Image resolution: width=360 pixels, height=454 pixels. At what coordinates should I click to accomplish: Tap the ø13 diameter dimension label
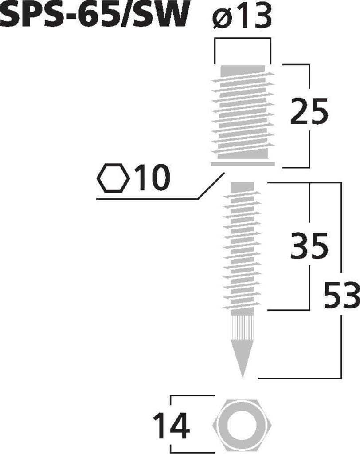pos(242,16)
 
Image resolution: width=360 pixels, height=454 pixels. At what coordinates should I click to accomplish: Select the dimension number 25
pos(309,111)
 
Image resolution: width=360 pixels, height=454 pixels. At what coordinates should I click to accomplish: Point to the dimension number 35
pos(309,245)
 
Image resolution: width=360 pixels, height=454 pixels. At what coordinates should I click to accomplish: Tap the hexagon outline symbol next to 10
pos(113,178)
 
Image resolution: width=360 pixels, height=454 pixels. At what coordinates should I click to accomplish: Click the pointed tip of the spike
pos(243,378)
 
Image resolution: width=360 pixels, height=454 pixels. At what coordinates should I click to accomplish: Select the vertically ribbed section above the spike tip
pos(243,327)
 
